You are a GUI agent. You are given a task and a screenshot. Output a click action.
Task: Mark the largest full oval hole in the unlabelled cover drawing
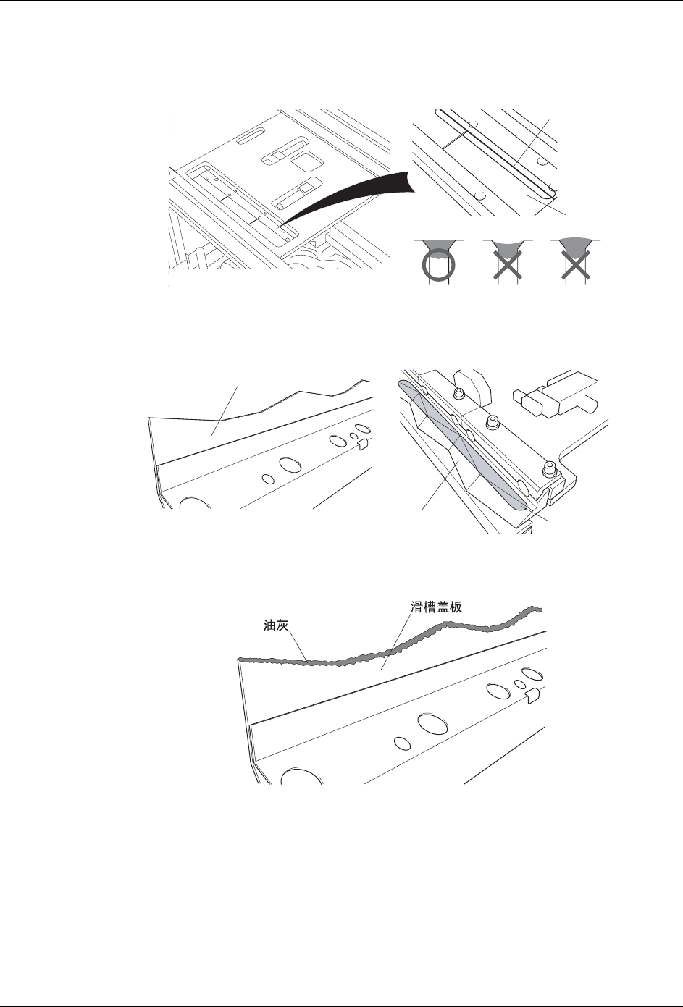tap(290, 464)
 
